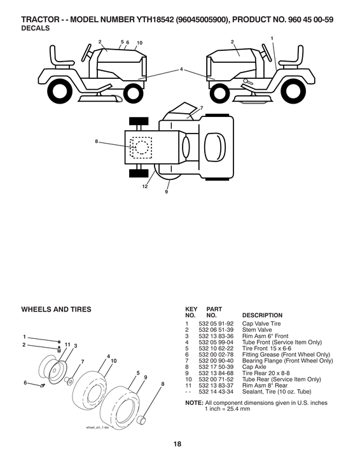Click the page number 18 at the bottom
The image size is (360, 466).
pyautogui.click(x=177, y=444)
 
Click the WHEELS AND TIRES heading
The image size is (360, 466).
pyautogui.click(x=57, y=310)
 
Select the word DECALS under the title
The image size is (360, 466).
pyautogui.click(x=36, y=28)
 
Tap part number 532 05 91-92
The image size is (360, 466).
pyautogui.click(x=216, y=324)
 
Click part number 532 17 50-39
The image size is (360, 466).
pyautogui.click(x=216, y=367)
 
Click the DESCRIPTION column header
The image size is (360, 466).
pyautogui.click(x=263, y=315)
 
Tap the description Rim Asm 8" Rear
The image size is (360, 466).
pyautogui.click(x=264, y=385)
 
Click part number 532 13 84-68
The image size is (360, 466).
pyautogui.click(x=216, y=373)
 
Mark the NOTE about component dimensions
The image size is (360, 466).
pyautogui.click(x=256, y=406)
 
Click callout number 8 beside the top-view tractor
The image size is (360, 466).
pyautogui.click(x=97, y=141)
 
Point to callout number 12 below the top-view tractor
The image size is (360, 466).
pyautogui.click(x=145, y=187)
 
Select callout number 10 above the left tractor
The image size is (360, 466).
pyautogui.click(x=139, y=43)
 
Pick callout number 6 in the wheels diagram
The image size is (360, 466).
pyautogui.click(x=25, y=383)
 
